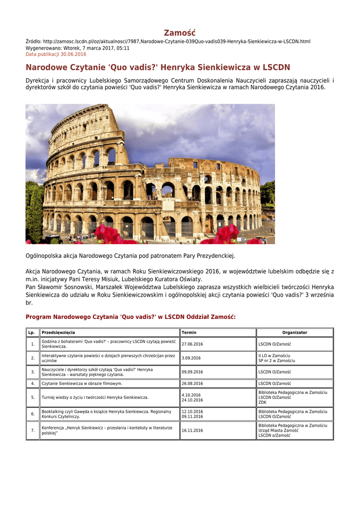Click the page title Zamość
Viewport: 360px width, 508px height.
point(180,32)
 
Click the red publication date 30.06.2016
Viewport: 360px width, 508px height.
point(56,54)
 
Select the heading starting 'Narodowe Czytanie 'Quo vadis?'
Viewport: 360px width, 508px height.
point(158,67)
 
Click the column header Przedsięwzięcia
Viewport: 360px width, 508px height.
point(59,332)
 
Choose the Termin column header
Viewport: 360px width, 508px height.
point(189,332)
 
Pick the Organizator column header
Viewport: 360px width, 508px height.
point(294,332)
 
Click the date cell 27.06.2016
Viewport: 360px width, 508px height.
point(192,344)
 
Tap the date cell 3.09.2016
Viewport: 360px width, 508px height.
point(191,358)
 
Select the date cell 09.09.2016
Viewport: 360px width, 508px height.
point(192,372)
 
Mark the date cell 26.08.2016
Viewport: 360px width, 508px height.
point(192,383)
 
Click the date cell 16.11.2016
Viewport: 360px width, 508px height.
point(192,431)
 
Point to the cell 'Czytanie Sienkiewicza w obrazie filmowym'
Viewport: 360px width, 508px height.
point(82,383)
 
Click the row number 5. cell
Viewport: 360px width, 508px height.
point(32,397)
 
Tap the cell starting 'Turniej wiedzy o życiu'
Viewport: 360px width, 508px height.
point(95,397)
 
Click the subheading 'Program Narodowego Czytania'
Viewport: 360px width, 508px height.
point(131,317)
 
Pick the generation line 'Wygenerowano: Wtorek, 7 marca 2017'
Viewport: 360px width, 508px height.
point(77,48)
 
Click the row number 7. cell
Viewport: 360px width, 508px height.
point(32,431)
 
